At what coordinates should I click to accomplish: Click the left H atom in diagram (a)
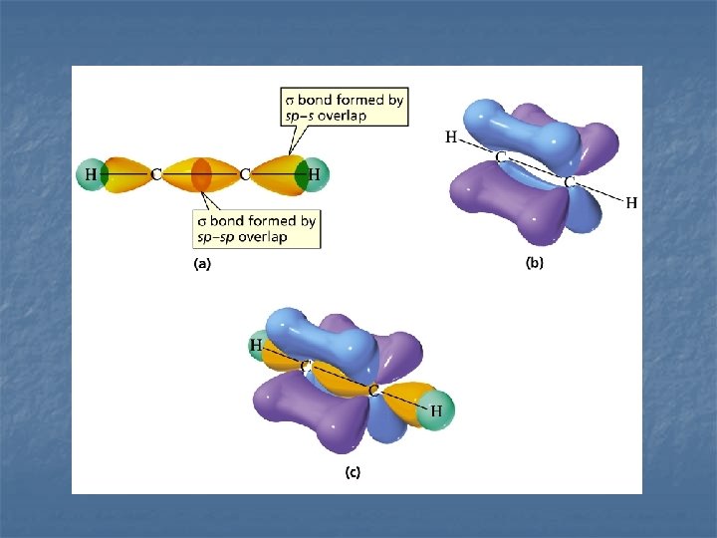click(x=91, y=175)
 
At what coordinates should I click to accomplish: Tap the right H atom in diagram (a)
click(x=315, y=175)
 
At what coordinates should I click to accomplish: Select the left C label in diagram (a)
click(x=156, y=175)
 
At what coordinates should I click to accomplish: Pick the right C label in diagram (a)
click(x=244, y=175)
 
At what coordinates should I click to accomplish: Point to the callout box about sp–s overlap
click(x=344, y=107)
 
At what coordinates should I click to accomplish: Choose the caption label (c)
click(x=353, y=473)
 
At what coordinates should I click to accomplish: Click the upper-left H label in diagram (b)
click(x=451, y=137)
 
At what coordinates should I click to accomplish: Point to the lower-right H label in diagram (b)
click(x=631, y=203)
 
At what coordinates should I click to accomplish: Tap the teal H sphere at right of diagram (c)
click(x=435, y=409)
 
